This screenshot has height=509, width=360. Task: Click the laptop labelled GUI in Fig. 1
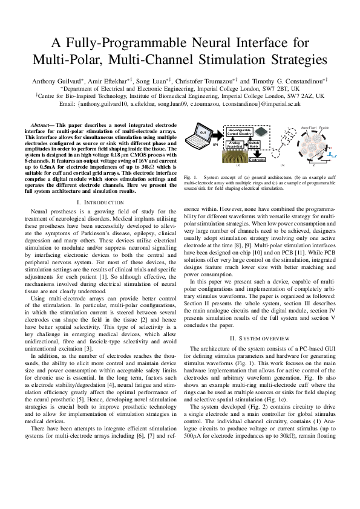pyautogui.click(x=203, y=132)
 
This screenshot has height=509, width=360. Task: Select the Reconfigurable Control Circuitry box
pyautogui.click(x=237, y=131)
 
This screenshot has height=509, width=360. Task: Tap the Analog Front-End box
pyautogui.click(x=235, y=144)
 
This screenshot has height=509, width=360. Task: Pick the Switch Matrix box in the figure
pyautogui.click(x=255, y=144)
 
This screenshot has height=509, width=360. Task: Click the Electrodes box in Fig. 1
pyautogui.click(x=257, y=159)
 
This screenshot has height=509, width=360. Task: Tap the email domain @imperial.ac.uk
pyautogui.click(x=280, y=105)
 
